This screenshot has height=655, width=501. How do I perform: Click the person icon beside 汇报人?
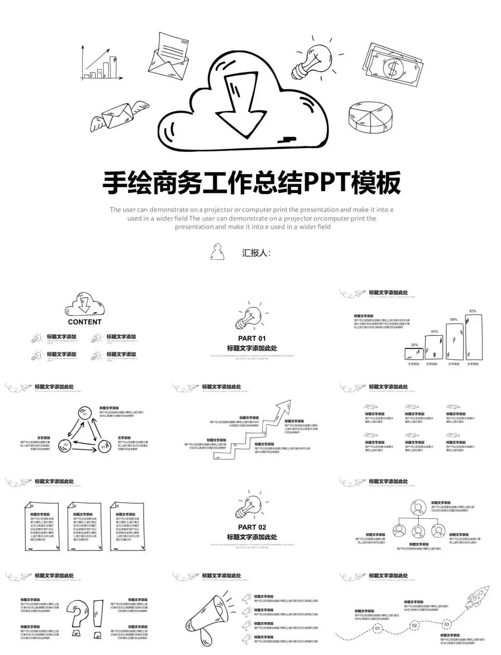point(217,252)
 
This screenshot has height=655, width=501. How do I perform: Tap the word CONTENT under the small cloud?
point(84,322)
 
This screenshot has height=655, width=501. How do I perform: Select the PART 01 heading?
point(252,338)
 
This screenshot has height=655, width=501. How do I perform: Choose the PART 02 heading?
point(252,527)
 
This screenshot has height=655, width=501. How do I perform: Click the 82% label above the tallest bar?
point(473,311)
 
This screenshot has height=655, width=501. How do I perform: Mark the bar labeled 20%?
point(414,354)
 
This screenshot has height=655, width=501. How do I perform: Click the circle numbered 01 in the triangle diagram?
point(84,412)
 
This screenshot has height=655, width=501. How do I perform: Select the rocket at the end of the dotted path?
point(478,597)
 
